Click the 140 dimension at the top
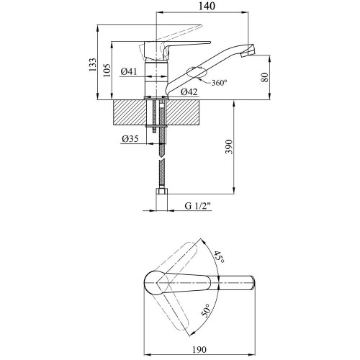click(207, 6)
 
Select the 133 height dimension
click(92, 65)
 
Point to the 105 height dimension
click(107, 70)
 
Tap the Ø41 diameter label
click(129, 71)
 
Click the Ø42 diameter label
click(189, 91)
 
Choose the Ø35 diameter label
click(130, 139)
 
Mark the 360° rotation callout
click(219, 83)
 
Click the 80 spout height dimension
click(264, 77)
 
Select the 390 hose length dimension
click(229, 147)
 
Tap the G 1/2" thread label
click(197, 206)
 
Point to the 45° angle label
click(219, 257)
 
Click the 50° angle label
click(206, 310)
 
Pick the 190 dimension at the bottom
click(199, 350)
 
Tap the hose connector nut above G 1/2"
click(162, 191)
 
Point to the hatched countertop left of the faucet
click(130, 112)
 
